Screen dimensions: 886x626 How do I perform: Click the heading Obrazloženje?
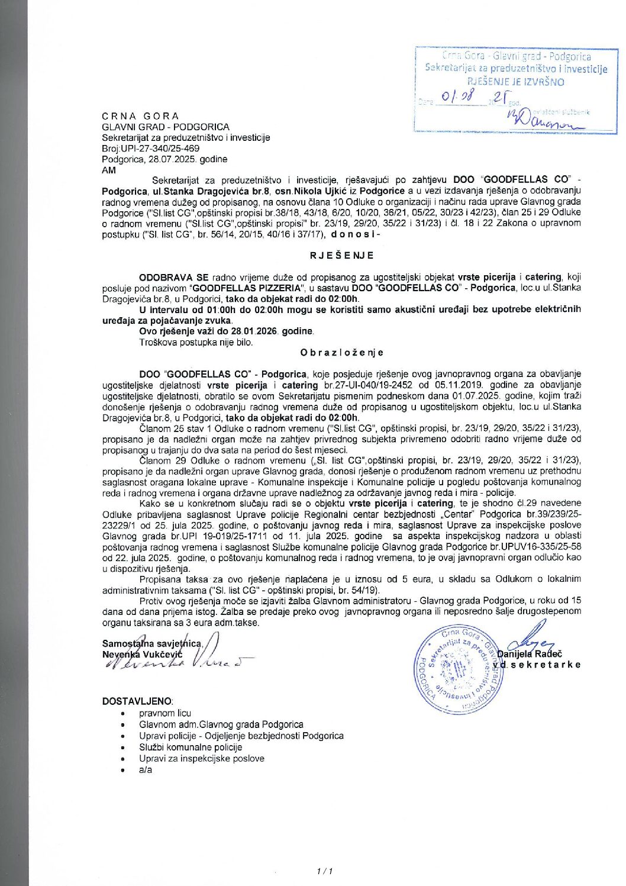[341, 353]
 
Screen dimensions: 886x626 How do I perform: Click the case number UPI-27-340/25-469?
[160, 149]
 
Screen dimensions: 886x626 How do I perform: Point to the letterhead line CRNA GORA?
[140, 116]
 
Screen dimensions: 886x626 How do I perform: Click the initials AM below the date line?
[109, 170]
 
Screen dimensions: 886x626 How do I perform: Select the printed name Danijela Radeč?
[530, 654]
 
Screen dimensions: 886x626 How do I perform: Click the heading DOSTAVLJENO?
[137, 701]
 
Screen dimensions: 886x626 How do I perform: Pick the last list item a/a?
[146, 770]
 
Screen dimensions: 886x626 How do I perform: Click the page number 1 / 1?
[325, 871]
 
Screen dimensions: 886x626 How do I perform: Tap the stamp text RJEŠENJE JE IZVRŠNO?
[515, 82]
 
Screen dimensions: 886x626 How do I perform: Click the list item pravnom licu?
[165, 713]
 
